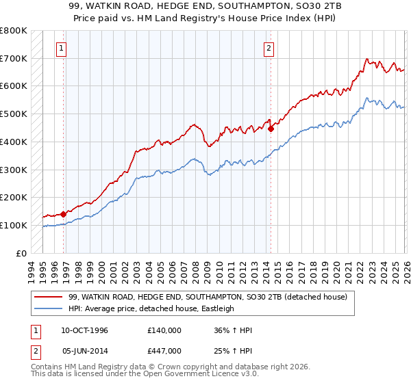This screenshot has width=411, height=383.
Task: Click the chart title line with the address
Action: click(x=205, y=7)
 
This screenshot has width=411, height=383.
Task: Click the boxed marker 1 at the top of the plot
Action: click(x=62, y=48)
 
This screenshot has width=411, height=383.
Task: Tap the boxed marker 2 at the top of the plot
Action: click(x=269, y=48)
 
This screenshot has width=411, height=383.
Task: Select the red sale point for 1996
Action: click(x=64, y=214)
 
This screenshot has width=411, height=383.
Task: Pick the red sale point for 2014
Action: click(x=271, y=129)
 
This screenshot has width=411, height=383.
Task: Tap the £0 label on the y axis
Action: click(x=21, y=253)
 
